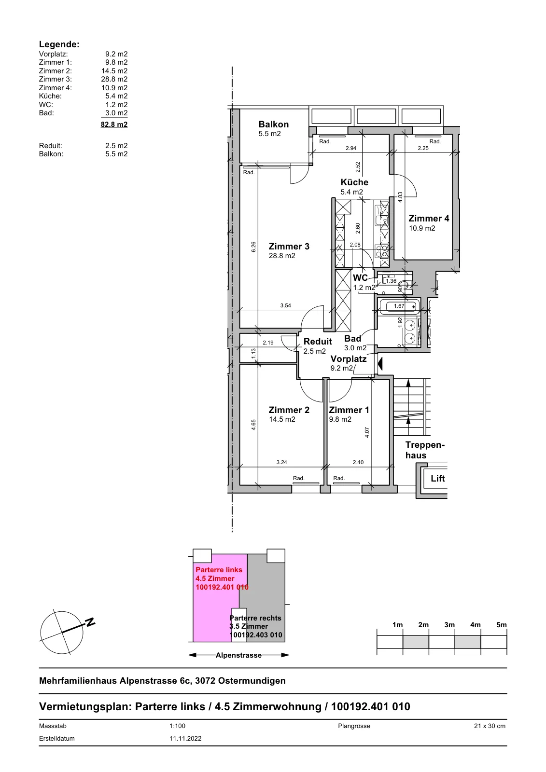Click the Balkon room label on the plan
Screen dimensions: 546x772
pos(274,124)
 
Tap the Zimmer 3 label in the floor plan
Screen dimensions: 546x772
pos(289,247)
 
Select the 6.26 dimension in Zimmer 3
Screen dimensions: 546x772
pos(253,247)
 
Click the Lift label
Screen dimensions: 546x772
pos(438,478)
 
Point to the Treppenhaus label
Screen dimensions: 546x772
pos(425,450)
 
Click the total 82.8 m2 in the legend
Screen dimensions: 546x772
pos(114,124)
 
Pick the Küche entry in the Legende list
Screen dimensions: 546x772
pos(50,96)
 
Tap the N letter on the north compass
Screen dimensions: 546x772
pos(90,622)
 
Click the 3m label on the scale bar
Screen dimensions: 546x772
pos(449,625)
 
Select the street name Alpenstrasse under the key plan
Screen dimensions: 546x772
pos(238,655)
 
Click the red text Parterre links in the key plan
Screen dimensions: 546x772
pos(219,570)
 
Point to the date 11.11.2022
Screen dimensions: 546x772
pos(185,738)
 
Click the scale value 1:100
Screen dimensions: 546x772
pos(177,726)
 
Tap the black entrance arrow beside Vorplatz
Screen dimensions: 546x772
pos(380,364)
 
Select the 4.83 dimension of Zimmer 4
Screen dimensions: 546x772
pos(400,197)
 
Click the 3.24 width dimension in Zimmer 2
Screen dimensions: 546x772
pos(281,462)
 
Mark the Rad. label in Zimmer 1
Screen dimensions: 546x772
pos(339,478)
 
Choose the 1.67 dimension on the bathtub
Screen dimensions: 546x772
pos(399,306)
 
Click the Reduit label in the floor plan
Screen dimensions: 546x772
pos(318,342)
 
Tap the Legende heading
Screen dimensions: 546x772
pos(59,44)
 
